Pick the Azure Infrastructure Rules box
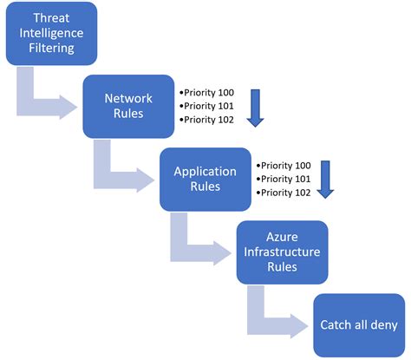click(283, 252)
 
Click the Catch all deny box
click(359, 325)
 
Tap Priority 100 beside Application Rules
click(285, 164)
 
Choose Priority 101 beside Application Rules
click(285, 179)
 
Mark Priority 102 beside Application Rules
click(285, 193)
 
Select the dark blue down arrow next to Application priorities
click(326, 179)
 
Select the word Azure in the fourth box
click(283, 236)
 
